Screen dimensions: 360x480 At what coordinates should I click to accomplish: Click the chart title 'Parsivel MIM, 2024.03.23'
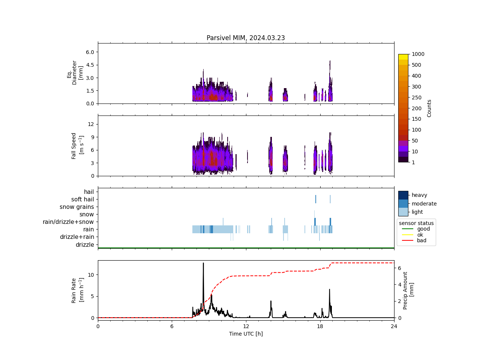click(x=246, y=38)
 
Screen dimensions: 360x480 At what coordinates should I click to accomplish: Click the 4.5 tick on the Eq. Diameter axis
click(x=90, y=65)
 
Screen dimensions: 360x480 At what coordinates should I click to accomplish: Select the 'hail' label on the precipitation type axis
click(x=89, y=192)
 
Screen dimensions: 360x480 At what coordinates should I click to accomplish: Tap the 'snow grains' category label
click(x=77, y=207)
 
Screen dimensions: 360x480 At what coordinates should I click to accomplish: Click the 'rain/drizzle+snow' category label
click(x=68, y=222)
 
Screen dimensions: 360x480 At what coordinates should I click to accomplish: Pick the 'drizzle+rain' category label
click(x=77, y=237)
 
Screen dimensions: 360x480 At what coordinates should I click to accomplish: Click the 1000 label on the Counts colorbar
click(x=418, y=54)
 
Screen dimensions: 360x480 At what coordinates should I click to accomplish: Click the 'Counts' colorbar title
click(x=429, y=108)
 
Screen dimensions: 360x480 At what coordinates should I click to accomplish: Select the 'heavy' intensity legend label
click(x=419, y=195)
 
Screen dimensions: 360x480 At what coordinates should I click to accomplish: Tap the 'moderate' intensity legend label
click(x=424, y=204)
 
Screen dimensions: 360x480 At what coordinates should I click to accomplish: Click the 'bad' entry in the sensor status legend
click(x=421, y=241)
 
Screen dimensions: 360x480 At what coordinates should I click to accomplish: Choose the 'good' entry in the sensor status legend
click(x=423, y=229)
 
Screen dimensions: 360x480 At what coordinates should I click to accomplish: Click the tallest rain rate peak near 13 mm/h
click(x=203, y=263)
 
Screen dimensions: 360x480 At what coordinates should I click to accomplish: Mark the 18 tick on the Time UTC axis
click(x=320, y=327)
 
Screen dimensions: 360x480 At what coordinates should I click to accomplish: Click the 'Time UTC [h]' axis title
click(x=246, y=334)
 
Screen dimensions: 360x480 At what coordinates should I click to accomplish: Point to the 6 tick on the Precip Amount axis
click(x=400, y=268)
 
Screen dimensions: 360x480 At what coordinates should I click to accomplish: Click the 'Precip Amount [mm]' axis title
click(x=408, y=290)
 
